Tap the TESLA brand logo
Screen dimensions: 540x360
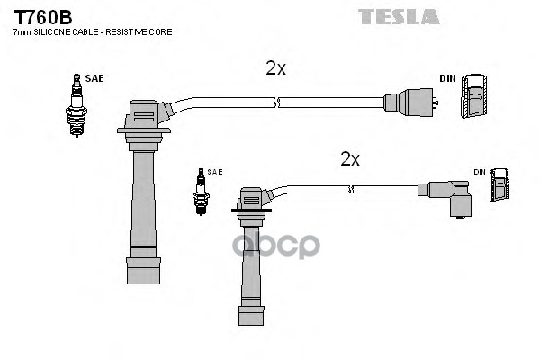399,16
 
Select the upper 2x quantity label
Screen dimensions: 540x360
275,68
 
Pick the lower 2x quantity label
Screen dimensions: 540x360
350,159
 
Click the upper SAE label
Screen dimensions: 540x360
95,78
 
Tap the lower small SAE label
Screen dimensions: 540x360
215,171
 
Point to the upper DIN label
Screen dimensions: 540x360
447,78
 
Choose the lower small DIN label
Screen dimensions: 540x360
480,171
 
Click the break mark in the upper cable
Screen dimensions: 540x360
279,103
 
